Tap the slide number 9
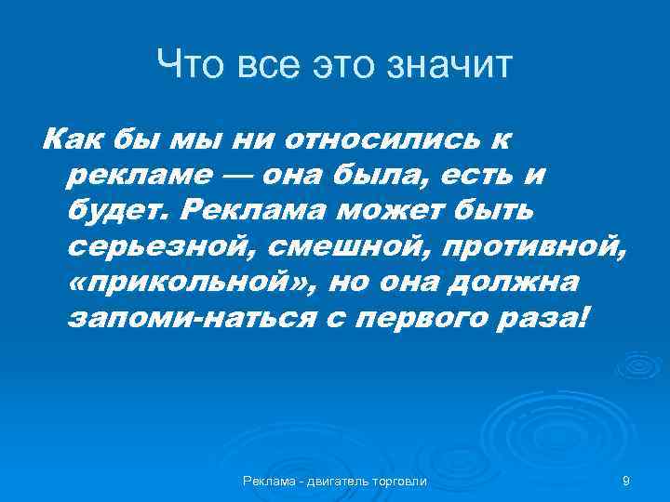click(x=625, y=481)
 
